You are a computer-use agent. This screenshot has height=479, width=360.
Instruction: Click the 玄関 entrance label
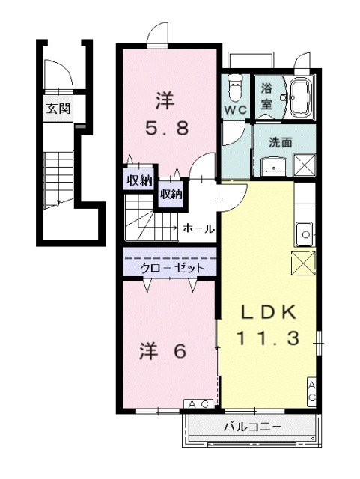point(58,108)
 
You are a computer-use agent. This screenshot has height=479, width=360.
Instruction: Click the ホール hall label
point(199,228)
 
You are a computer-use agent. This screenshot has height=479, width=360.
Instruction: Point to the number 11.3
point(269,338)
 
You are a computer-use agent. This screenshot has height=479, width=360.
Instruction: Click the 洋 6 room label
point(162,351)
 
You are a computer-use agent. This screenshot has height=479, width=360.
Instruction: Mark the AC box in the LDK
point(311,389)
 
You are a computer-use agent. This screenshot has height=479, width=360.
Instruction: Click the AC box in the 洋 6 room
point(198,404)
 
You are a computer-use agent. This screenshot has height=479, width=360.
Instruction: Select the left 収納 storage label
point(139,180)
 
